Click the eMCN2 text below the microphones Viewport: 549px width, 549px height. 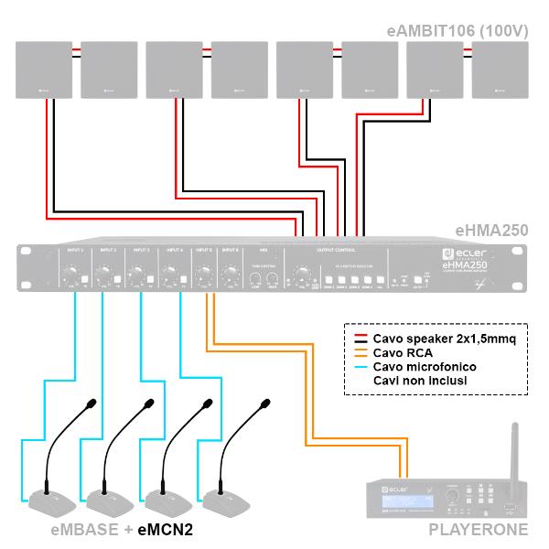[165, 529]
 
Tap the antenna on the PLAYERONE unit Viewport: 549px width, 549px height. [514, 448]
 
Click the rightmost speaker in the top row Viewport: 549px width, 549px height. [500, 70]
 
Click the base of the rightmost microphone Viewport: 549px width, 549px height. [227, 501]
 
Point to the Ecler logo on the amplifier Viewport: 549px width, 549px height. [466, 253]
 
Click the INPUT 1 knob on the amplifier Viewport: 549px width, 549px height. [71, 272]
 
